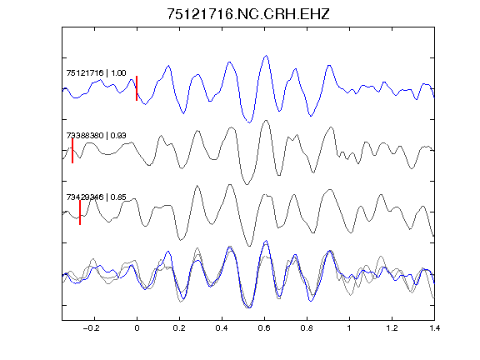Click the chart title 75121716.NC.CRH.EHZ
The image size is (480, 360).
(248, 14)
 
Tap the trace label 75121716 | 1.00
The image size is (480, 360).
(96, 72)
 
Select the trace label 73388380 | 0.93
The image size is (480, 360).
(96, 135)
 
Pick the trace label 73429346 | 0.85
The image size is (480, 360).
(96, 197)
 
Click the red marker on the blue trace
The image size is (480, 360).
(137, 88)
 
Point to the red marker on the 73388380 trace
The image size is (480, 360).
(72, 151)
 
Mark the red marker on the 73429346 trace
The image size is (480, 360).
(80, 212)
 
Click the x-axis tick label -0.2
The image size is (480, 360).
(92, 328)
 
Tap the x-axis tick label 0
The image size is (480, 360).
(137, 328)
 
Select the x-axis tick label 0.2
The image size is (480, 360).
(179, 328)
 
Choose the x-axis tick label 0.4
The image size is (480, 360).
(222, 328)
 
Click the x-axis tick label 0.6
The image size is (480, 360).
(264, 328)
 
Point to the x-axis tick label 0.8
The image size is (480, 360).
(307, 328)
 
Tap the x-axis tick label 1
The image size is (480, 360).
(349, 328)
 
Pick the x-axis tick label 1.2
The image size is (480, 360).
(392, 328)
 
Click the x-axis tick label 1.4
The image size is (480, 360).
(434, 328)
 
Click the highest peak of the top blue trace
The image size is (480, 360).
(267, 55)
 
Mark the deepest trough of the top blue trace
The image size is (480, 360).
(249, 122)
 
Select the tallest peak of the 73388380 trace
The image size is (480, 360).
(266, 120)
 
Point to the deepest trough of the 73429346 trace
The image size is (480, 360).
(249, 246)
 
